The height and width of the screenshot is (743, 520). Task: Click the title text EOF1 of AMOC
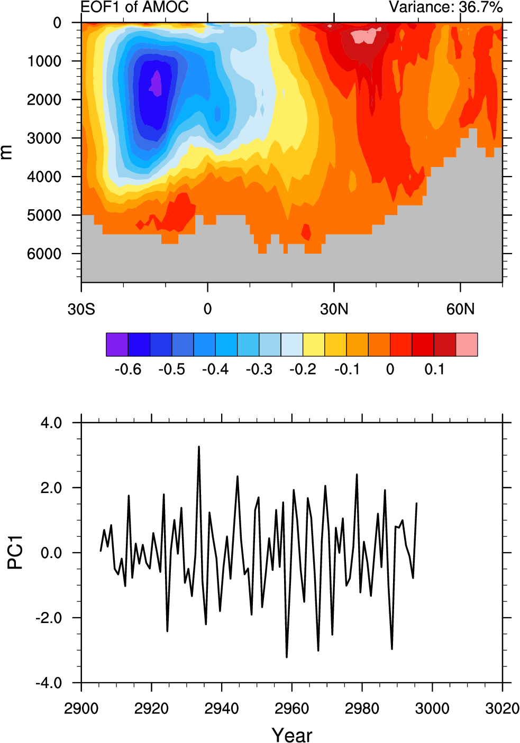(134, 7)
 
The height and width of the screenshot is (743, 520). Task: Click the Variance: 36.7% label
(445, 7)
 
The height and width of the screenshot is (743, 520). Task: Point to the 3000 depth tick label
(44, 138)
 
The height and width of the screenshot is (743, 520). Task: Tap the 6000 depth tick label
(44, 254)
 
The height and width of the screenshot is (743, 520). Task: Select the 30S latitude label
(81, 309)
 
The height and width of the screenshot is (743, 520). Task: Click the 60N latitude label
(460, 309)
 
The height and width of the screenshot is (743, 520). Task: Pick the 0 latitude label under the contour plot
(207, 309)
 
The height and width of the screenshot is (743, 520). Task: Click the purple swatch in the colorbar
(117, 345)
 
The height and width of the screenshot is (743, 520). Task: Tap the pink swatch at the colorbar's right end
(467, 345)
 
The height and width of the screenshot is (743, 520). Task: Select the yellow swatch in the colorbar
(314, 345)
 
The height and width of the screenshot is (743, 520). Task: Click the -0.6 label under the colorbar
(128, 369)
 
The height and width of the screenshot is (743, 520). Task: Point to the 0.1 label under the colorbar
(434, 369)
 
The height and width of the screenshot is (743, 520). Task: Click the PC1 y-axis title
(15, 553)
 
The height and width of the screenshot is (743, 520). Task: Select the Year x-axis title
(292, 735)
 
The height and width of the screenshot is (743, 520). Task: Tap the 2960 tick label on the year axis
(291, 708)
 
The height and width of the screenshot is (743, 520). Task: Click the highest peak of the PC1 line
(199, 447)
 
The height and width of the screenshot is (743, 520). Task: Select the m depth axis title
(6, 152)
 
